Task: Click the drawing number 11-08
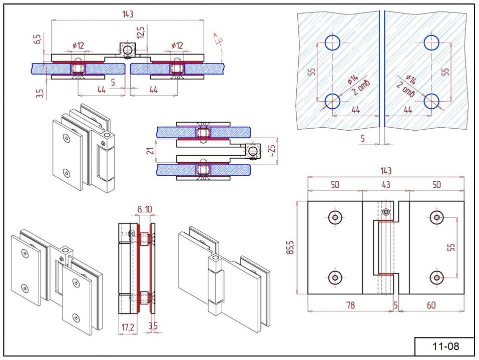tap(445, 346)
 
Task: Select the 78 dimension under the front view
tap(350, 304)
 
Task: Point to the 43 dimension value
tap(385, 185)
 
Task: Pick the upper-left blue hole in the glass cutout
tap(332, 43)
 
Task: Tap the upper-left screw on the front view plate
tap(335, 217)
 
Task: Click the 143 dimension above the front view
tap(385, 171)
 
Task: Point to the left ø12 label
tap(78, 46)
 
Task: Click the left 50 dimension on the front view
tap(334, 185)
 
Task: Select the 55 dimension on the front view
tap(452, 247)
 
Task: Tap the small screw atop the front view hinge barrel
tap(385, 212)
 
